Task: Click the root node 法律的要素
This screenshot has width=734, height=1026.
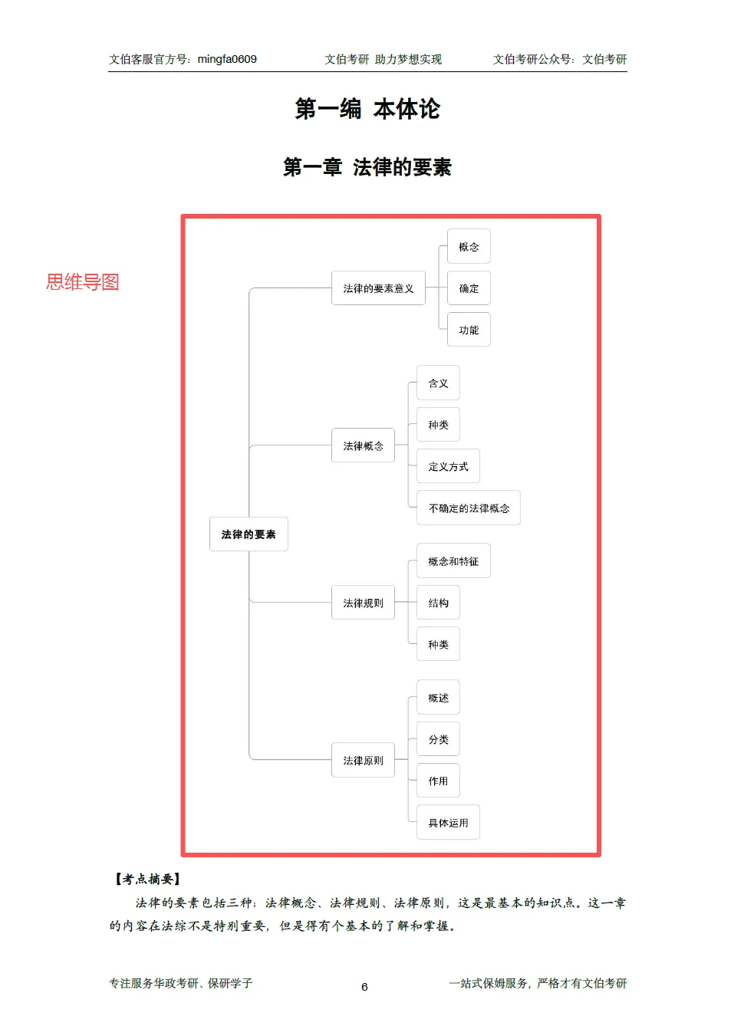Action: pyautogui.click(x=249, y=534)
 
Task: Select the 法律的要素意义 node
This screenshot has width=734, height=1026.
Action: pyautogui.click(x=378, y=288)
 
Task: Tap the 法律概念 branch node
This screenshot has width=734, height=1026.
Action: pyautogui.click(x=363, y=446)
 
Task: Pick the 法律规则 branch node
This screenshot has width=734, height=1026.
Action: pyautogui.click(x=363, y=603)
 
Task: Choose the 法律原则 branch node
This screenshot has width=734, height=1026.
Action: pyautogui.click(x=363, y=760)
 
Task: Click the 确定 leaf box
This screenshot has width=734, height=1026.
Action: pyautogui.click(x=469, y=288)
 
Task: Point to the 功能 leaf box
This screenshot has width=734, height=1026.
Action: pyautogui.click(x=469, y=330)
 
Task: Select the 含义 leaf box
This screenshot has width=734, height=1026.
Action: pyautogui.click(x=438, y=383)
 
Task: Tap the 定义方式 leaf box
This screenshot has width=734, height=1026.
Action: pyautogui.click(x=448, y=466)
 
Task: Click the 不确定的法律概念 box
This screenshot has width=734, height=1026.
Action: pyautogui.click(x=469, y=508)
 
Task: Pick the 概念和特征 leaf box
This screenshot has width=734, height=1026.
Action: pyautogui.click(x=453, y=561)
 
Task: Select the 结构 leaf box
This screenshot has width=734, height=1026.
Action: pyautogui.click(x=438, y=603)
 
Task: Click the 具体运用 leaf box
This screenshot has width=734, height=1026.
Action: pyautogui.click(x=448, y=823)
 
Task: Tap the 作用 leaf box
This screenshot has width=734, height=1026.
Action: pyautogui.click(x=438, y=781)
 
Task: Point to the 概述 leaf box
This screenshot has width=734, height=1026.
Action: pyautogui.click(x=438, y=698)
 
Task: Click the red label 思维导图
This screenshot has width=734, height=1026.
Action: pyautogui.click(x=82, y=282)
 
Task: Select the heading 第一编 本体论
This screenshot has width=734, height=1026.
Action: pyautogui.click(x=367, y=109)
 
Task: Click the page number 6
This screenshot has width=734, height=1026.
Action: pyautogui.click(x=364, y=987)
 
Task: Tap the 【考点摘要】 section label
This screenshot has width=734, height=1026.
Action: pyautogui.click(x=147, y=879)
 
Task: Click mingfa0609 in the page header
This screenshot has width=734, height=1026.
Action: pyautogui.click(x=227, y=59)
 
